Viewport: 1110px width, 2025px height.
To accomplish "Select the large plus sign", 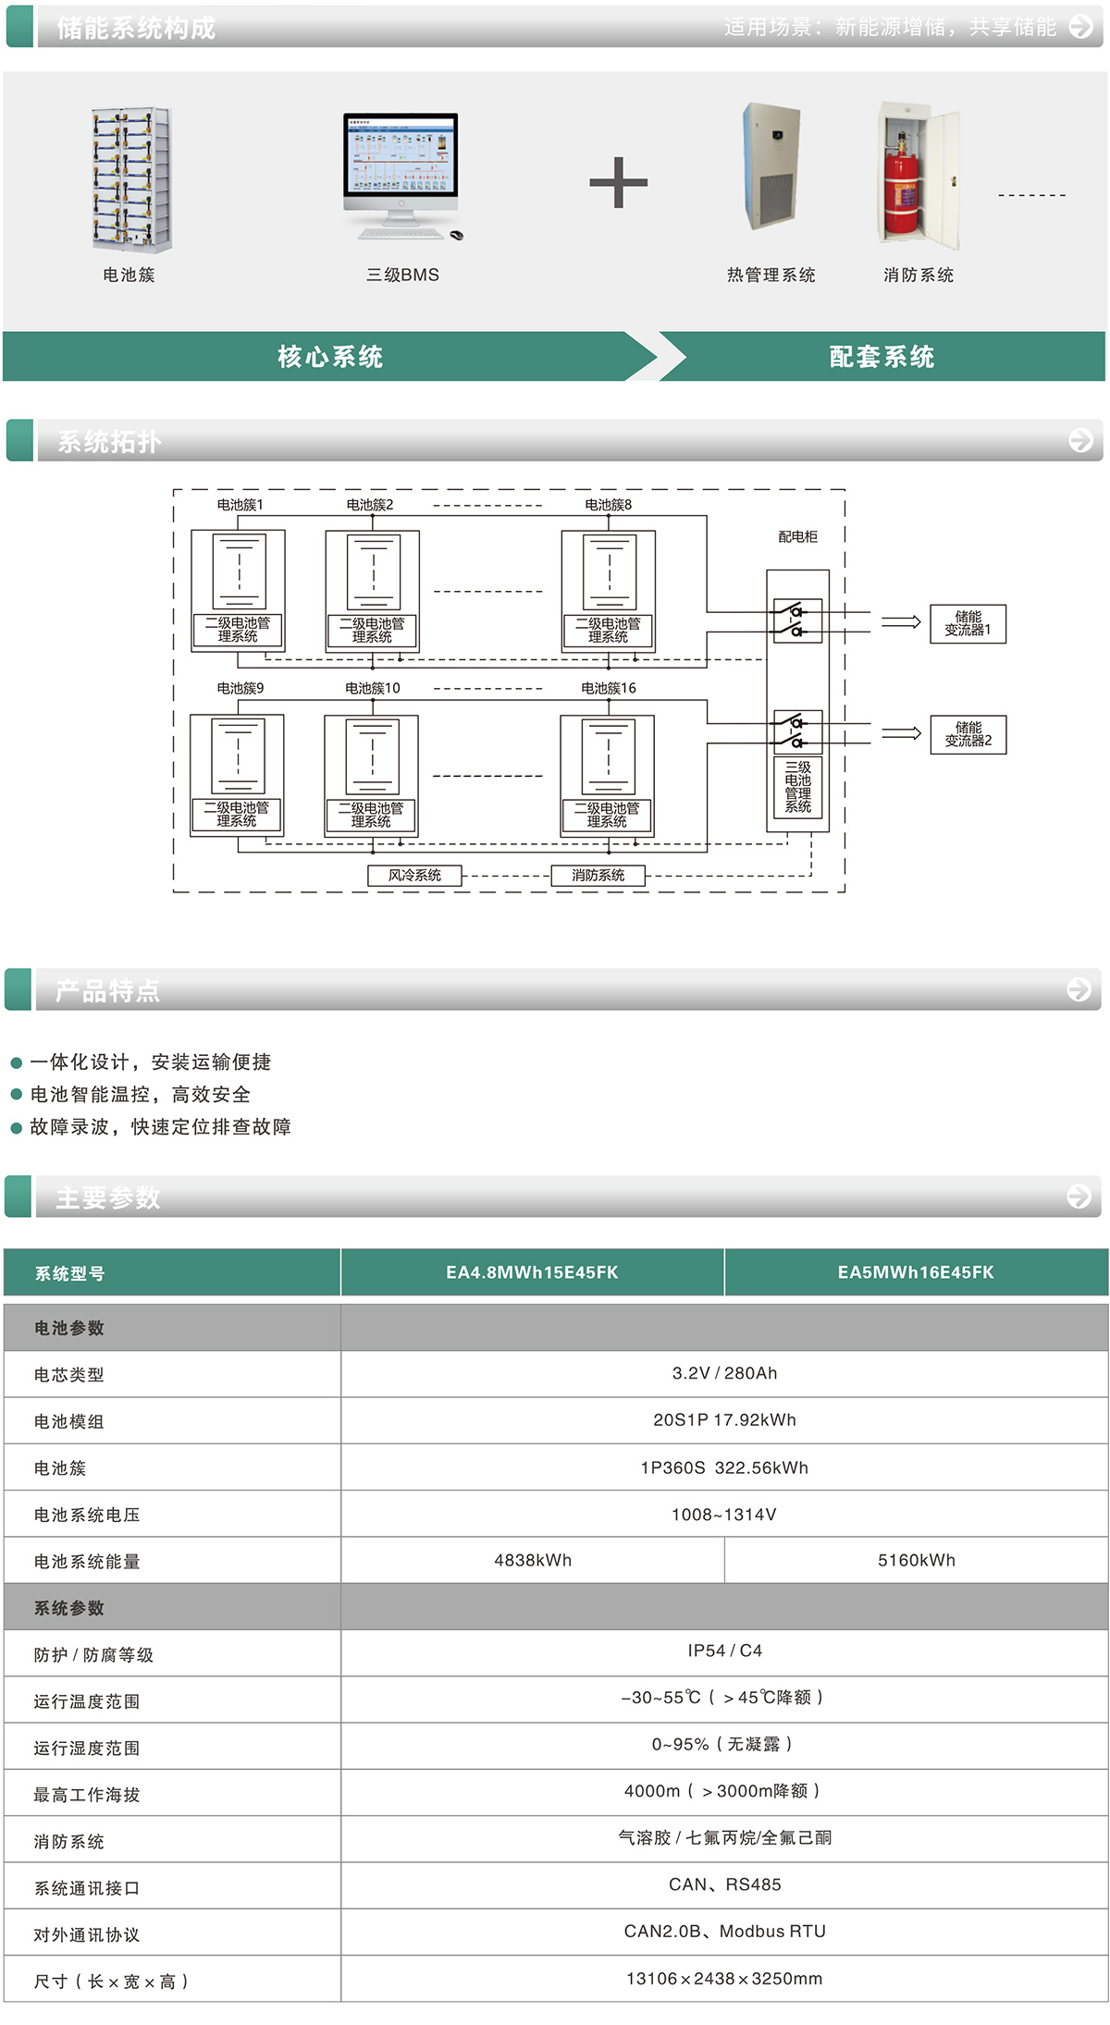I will click(x=618, y=182).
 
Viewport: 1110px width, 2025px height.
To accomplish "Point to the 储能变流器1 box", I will click(x=968, y=623).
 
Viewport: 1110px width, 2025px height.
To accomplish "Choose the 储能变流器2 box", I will click(x=968, y=734).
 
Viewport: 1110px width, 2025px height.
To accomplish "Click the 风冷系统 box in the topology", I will click(x=414, y=875).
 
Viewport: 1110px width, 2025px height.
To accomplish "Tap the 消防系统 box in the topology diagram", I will click(x=598, y=875).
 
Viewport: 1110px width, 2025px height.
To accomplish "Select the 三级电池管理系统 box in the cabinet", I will click(x=797, y=787).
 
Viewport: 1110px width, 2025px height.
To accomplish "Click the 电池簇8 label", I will click(x=608, y=505).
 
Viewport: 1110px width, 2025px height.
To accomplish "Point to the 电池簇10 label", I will click(x=373, y=688).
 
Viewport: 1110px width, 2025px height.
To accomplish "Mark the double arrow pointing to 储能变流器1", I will click(x=900, y=622).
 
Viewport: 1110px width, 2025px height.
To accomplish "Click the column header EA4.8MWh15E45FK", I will click(x=532, y=1272).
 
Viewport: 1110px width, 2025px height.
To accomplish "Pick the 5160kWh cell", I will click(x=916, y=1560).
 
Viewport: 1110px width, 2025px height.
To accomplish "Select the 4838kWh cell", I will click(x=533, y=1560).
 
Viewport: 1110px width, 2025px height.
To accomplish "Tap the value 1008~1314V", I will click(x=724, y=1515).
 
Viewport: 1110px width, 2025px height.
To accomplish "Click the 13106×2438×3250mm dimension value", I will click(x=724, y=1979).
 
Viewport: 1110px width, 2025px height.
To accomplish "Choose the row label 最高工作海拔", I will click(x=87, y=1795).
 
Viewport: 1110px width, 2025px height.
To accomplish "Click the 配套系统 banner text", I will click(x=881, y=357).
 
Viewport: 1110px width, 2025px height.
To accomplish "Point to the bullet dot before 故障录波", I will click(x=16, y=1128).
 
